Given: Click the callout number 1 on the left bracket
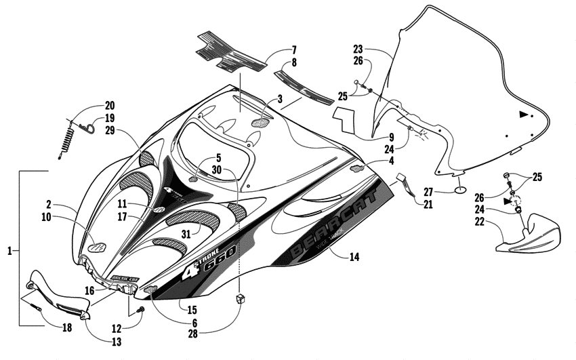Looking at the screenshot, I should [x=9, y=251].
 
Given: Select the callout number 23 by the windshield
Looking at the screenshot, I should [x=358, y=49].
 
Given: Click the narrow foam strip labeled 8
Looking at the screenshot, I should [x=303, y=84].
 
